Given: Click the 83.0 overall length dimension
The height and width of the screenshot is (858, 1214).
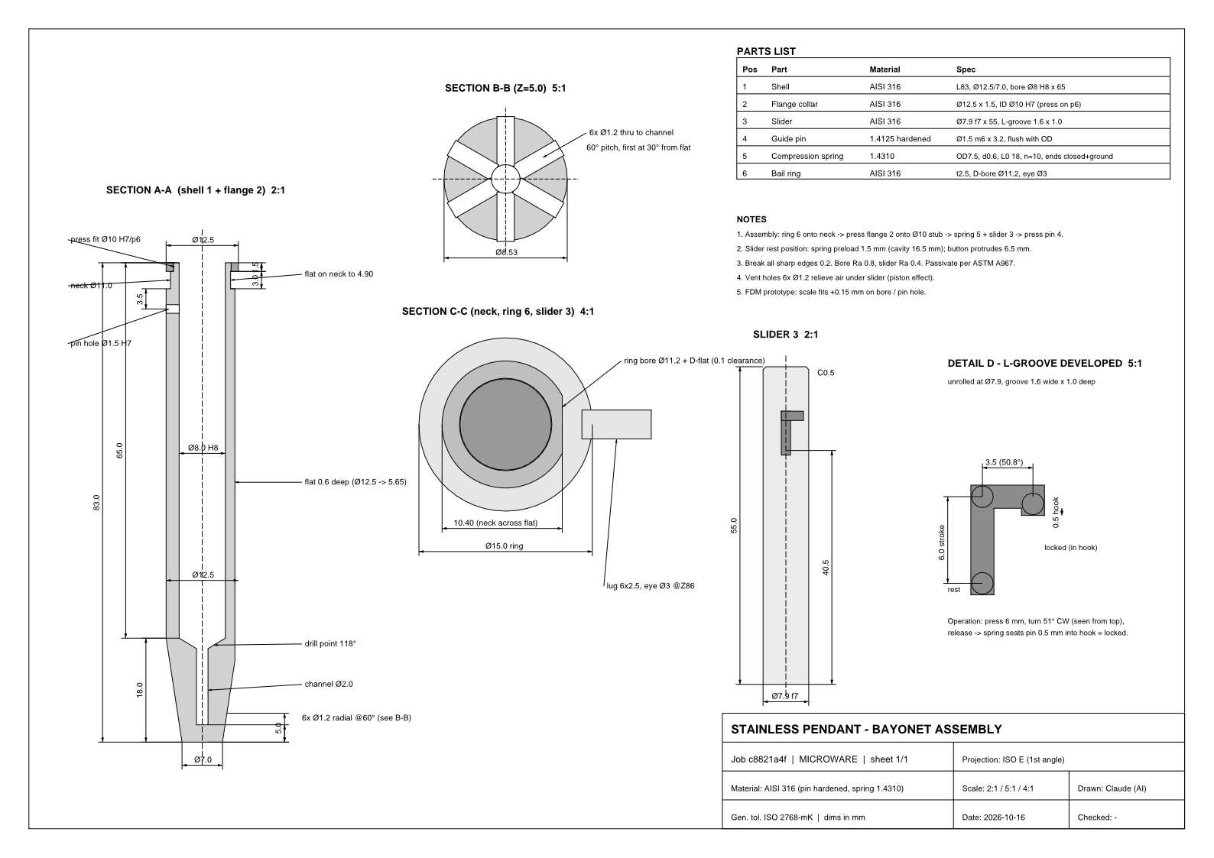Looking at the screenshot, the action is point(96,503).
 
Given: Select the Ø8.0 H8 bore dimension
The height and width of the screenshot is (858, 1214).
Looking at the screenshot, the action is point(203,448).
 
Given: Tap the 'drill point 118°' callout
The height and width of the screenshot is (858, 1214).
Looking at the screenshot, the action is point(330,643).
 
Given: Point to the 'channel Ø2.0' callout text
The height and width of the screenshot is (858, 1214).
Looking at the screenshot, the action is point(329,684).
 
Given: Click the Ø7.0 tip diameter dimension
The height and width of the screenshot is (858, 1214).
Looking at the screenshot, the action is point(203,760).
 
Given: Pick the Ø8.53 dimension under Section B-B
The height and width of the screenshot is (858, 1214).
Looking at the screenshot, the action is point(506,252).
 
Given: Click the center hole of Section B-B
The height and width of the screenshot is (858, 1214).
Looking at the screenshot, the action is point(505,179).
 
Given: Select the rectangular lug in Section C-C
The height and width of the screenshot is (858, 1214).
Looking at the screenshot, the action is point(617,424).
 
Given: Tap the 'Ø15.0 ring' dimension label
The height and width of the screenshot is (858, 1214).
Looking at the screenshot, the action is point(504,546).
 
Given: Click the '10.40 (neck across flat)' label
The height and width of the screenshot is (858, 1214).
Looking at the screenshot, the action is point(495,523).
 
